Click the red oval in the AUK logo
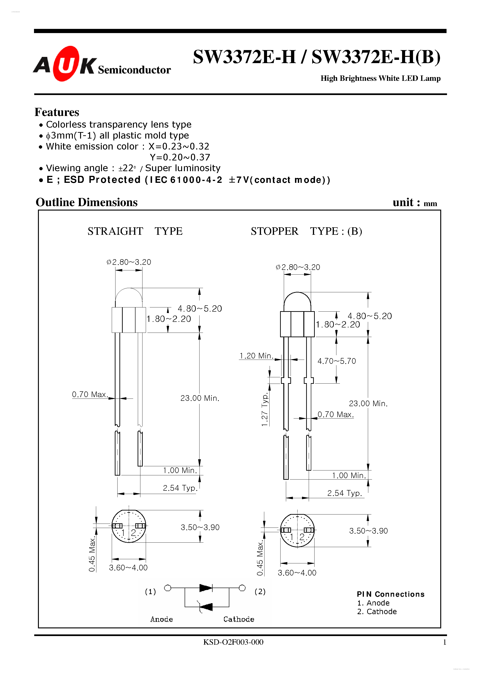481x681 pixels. coord(66,64)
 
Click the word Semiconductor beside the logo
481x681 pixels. coord(134,70)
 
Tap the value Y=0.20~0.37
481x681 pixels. coord(180,157)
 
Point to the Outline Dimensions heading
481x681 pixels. coord(86,202)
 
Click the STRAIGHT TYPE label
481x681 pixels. coord(135,231)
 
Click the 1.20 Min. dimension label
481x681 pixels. coord(256,356)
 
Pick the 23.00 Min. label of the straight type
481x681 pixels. coord(200,398)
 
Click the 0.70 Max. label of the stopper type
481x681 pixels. coord(335,414)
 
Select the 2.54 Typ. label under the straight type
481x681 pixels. coord(180,488)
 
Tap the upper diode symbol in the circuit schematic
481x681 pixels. coord(206,588)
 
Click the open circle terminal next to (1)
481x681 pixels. coord(168,588)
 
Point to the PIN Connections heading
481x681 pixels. coord(390,594)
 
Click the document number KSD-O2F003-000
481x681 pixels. coord(233,642)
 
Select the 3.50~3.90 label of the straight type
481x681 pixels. coord(200,527)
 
